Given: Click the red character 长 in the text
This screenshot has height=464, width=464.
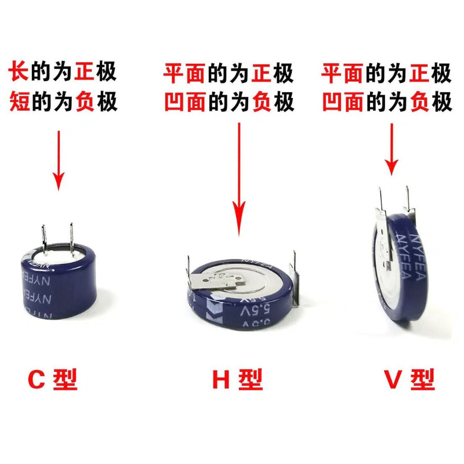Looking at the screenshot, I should (x=17, y=73).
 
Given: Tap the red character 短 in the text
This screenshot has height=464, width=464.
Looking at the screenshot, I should (x=17, y=102).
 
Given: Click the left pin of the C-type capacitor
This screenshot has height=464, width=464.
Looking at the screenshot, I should (x=43, y=239).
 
